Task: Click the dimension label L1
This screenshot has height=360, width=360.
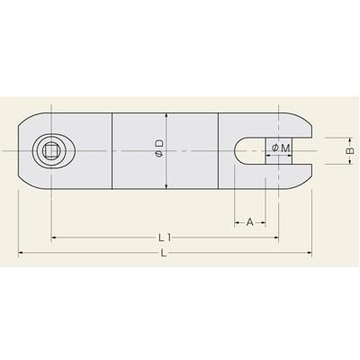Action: point(165,238)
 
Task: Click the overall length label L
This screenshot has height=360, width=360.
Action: point(164,254)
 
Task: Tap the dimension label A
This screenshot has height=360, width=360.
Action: point(249,222)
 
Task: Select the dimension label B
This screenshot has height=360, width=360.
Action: point(349,151)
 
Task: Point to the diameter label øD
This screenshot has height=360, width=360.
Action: point(159,148)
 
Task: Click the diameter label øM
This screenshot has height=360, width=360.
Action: point(280,148)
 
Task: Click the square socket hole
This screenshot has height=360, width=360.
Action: point(49,151)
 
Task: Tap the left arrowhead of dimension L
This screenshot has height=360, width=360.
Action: point(21,253)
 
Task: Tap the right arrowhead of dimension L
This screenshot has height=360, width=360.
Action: point(310,253)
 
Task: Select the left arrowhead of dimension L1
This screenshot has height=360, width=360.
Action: point(54,238)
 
